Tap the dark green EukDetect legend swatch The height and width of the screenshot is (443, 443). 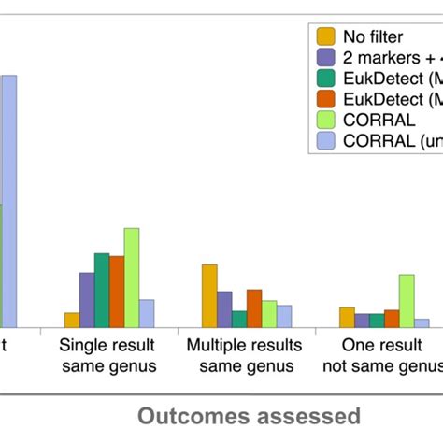[326, 78]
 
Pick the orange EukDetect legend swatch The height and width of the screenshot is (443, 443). [326, 98]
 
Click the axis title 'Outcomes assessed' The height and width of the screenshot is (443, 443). [250, 415]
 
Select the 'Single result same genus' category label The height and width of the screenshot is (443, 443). [108, 355]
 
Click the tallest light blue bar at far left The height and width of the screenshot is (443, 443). [8, 201]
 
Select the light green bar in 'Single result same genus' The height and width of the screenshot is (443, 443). [132, 278]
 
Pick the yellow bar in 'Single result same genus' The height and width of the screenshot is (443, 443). [71, 320]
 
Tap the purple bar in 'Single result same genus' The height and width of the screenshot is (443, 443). [86, 300]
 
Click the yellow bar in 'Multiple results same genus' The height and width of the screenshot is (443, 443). [209, 295]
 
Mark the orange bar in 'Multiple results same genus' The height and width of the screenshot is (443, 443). [254, 308]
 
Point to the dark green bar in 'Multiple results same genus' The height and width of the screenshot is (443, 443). [239, 319]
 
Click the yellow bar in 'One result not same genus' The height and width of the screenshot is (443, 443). [347, 317]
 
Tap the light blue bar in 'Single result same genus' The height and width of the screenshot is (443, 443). [147, 313]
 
